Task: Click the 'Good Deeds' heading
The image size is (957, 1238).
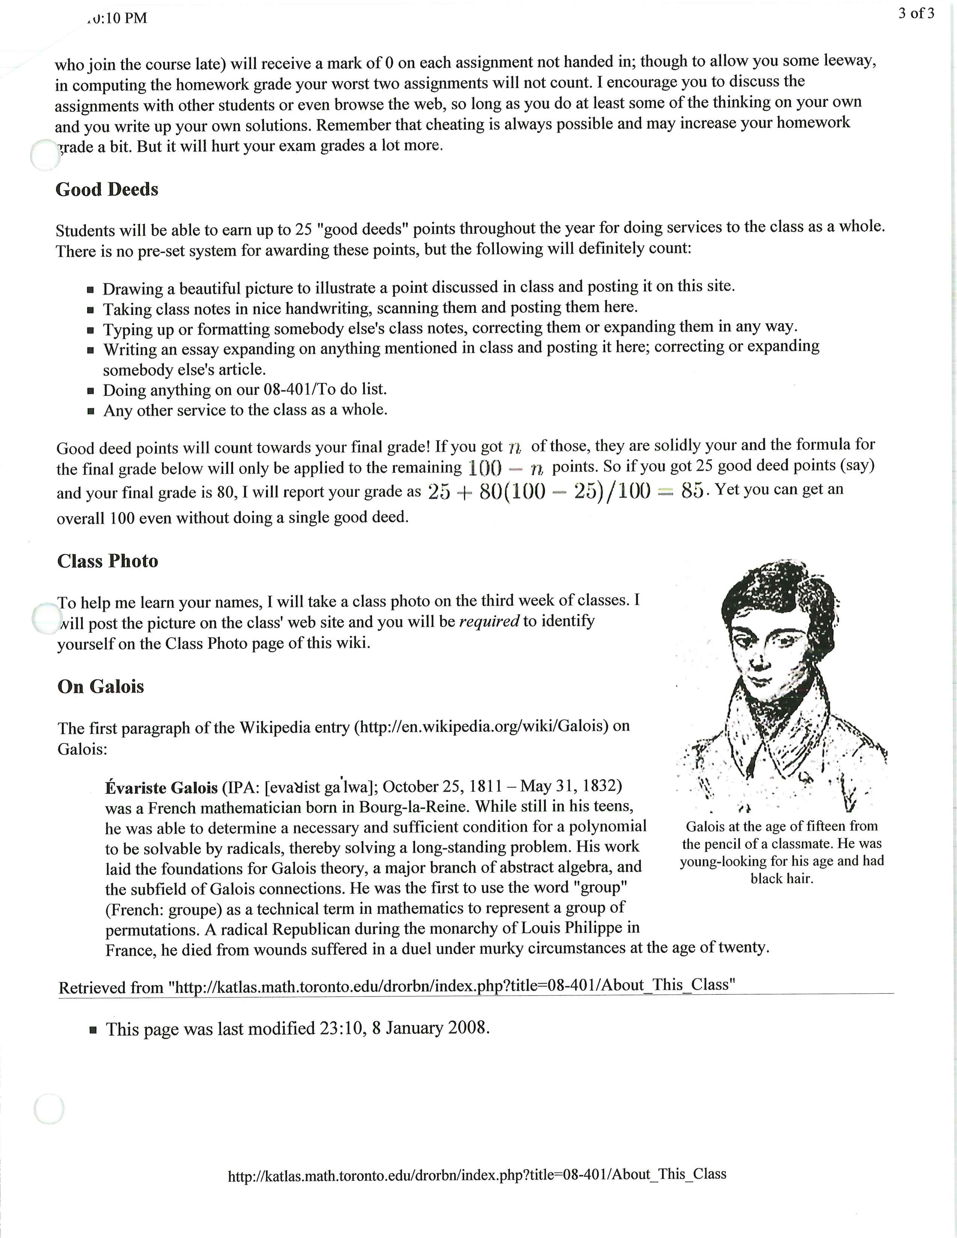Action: tap(107, 189)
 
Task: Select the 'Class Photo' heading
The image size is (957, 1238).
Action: tap(108, 561)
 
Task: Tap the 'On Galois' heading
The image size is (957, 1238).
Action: tap(100, 687)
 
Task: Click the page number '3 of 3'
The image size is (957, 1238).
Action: tap(916, 14)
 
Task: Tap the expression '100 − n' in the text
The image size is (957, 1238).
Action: tap(506, 468)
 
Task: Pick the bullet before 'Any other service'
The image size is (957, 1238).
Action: tap(91, 411)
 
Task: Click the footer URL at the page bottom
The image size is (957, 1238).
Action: tap(477, 1174)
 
